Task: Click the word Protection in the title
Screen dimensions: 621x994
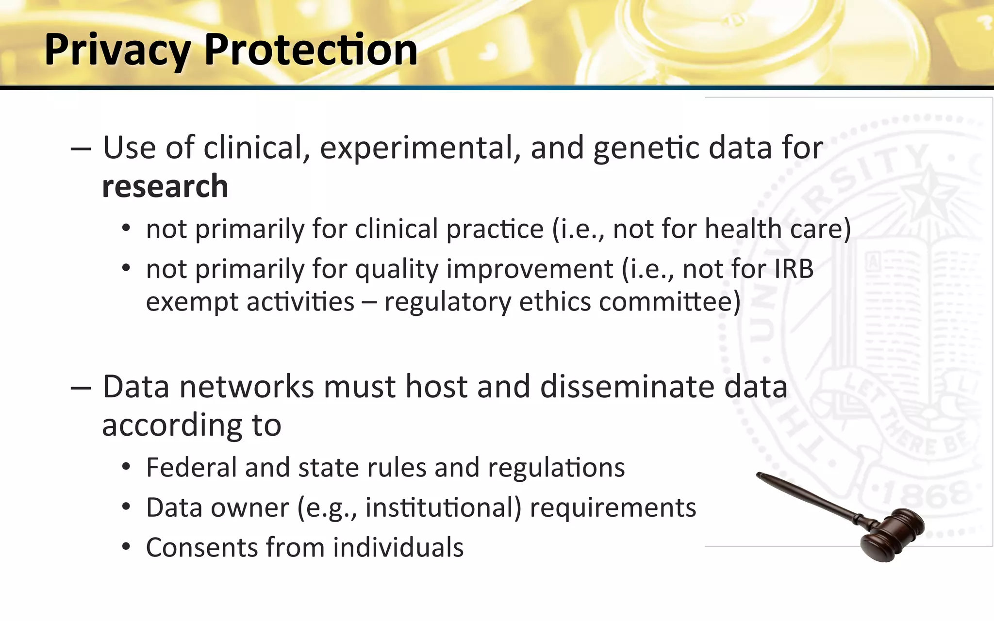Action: click(x=311, y=49)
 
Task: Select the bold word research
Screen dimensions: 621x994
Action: click(x=165, y=186)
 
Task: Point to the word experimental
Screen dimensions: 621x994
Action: click(x=420, y=147)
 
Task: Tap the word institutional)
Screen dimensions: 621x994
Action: click(x=443, y=508)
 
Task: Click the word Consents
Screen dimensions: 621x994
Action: click(x=202, y=548)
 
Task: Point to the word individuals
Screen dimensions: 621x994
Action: click(x=398, y=548)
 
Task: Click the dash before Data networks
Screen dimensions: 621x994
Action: click(x=81, y=388)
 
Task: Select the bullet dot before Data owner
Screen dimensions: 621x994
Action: click(x=126, y=507)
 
